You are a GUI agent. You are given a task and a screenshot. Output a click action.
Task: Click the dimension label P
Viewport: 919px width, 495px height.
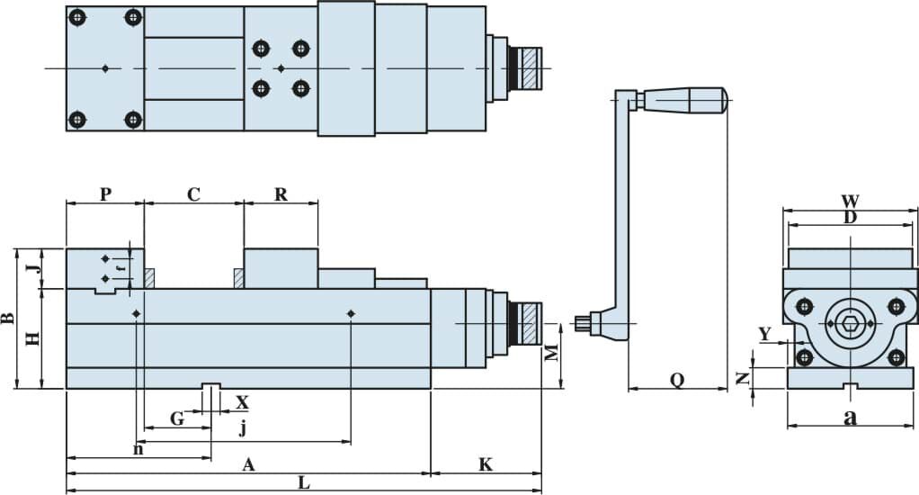coord(105,193)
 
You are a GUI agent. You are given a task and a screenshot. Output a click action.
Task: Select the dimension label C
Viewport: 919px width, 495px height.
coord(193,194)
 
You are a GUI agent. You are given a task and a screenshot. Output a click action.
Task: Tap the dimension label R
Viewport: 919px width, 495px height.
coord(281,194)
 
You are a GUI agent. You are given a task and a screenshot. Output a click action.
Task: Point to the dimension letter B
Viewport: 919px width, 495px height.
coord(7,318)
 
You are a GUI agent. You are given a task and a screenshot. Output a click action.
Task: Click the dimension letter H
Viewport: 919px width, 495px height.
coord(32,338)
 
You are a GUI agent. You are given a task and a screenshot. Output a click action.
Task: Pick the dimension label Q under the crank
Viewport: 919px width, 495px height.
coord(677,381)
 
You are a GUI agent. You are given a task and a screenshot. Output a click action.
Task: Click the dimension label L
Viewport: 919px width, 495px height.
coord(304,482)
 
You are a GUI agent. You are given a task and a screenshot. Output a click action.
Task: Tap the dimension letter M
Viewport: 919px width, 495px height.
coord(551,353)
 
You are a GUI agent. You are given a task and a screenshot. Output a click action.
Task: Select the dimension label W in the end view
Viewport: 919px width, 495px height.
coord(850,202)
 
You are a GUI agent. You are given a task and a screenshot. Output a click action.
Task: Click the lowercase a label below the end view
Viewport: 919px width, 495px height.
coord(850,417)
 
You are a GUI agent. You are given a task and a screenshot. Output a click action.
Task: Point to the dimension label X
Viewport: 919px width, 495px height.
coord(242,402)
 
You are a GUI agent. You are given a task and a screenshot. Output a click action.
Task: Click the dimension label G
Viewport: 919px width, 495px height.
coord(177,418)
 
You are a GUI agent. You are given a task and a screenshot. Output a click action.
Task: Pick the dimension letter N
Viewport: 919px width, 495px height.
coord(743,378)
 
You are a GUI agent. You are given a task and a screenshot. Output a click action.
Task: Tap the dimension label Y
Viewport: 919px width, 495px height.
coord(765,334)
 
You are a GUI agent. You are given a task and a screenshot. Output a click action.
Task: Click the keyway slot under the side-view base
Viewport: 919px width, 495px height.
coord(211,386)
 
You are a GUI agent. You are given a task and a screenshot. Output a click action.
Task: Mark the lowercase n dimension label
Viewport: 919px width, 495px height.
coord(138,449)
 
